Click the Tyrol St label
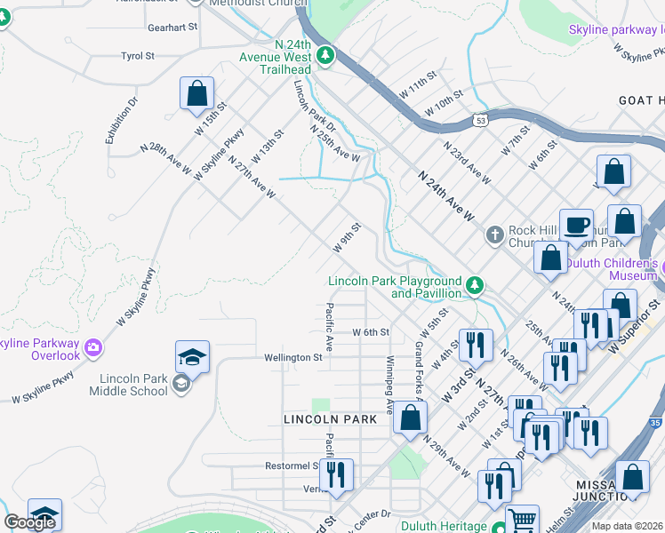pyautogui.click(x=138, y=56)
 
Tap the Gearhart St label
pyautogui.click(x=173, y=28)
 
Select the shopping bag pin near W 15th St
pyautogui.click(x=196, y=93)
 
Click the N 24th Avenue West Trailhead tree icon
pyautogui.click(x=326, y=55)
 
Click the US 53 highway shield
pyautogui.click(x=481, y=119)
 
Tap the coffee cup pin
pyautogui.click(x=576, y=225)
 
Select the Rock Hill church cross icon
pyautogui.click(x=494, y=235)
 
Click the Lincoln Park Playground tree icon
pyautogui.click(x=476, y=285)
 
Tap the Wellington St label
pyautogui.click(x=292, y=357)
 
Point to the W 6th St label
pyautogui.click(x=372, y=332)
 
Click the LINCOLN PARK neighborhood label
pyautogui.click(x=324, y=418)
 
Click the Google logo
pyautogui.click(x=29, y=522)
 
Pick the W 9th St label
pyautogui.click(x=347, y=236)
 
